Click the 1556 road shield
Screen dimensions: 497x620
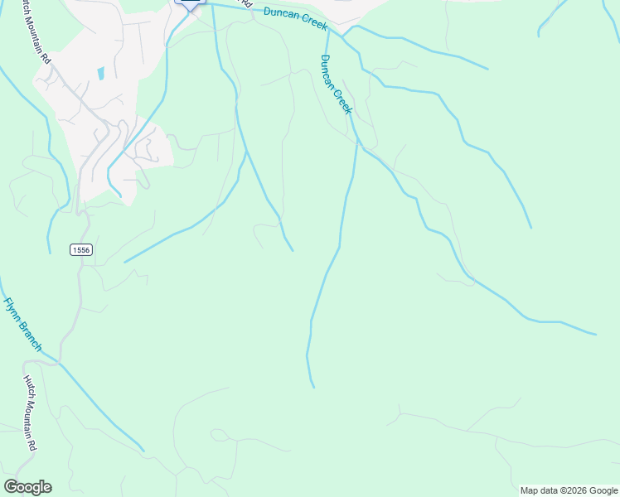point(80,249)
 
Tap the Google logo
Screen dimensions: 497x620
point(27,487)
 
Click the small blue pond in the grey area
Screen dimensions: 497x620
point(100,73)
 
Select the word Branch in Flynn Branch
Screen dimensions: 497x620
point(30,336)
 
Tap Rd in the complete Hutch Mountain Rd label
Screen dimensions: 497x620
point(33,445)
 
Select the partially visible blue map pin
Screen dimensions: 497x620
point(191,4)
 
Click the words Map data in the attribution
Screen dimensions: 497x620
point(537,490)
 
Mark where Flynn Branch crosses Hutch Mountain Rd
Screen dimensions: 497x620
point(59,363)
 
